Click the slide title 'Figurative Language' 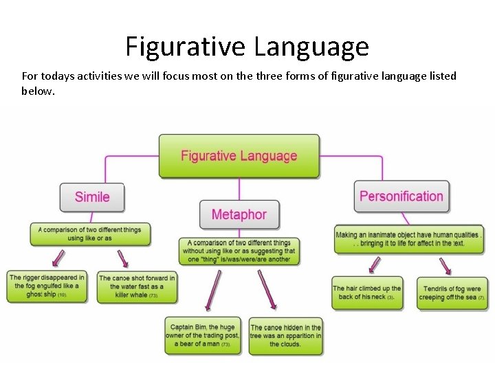tap(247, 47)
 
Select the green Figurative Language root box tap(239, 156)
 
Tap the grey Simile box tap(92, 197)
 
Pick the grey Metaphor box tap(239, 214)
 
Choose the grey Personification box tap(401, 196)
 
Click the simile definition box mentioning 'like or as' tap(90, 234)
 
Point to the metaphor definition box tap(239, 251)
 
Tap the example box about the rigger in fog tap(47, 286)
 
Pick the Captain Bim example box tap(203, 335)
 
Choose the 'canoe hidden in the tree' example tap(285, 336)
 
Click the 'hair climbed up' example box tap(367, 293)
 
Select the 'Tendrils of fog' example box tap(452, 293)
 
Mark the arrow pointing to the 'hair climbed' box tap(375, 265)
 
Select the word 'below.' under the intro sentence tap(37, 91)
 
